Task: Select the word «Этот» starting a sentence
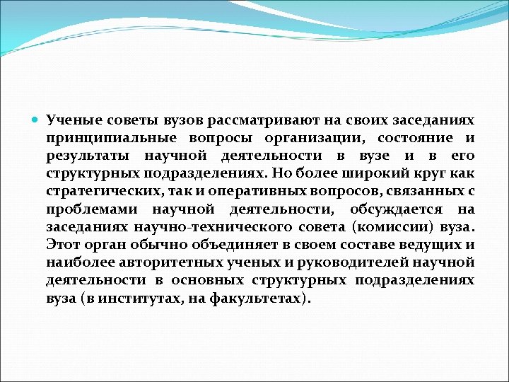(x=63, y=245)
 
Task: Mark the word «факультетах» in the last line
(x=268, y=299)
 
